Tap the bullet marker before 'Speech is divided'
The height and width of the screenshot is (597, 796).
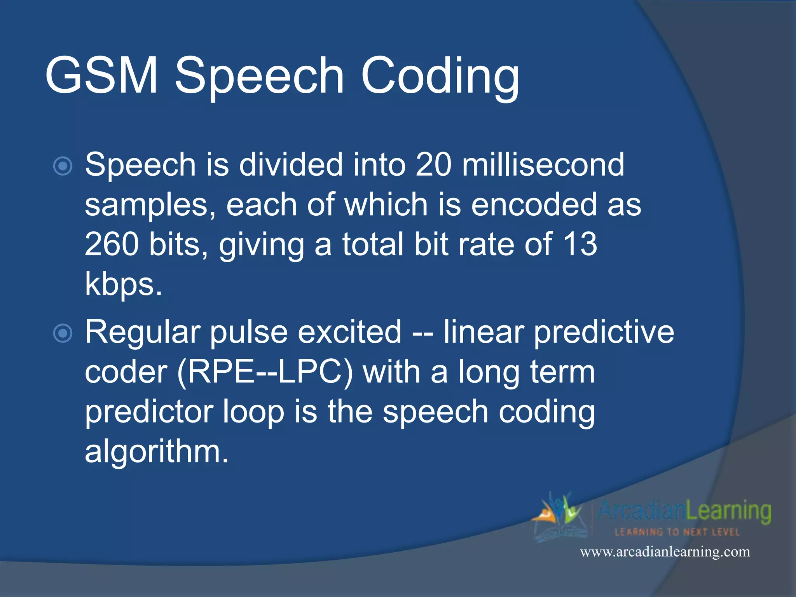(63, 166)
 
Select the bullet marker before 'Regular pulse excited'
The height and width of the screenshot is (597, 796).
(63, 333)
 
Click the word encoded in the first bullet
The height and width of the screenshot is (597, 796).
(534, 204)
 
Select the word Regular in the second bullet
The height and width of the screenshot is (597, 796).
(143, 333)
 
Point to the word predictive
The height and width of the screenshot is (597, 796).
(604, 333)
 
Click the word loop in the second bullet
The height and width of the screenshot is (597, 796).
(253, 412)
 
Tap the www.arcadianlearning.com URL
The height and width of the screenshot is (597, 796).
(665, 552)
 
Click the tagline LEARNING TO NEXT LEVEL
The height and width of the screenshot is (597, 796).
(677, 532)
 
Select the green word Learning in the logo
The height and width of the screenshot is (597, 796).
(728, 511)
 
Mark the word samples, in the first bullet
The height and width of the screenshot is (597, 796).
(150, 205)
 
